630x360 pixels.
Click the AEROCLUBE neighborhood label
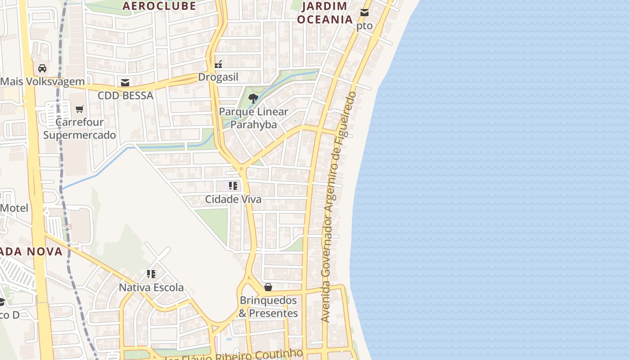(x=159, y=6)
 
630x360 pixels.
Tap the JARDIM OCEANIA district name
(x=325, y=13)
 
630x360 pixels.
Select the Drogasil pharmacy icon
(x=218, y=64)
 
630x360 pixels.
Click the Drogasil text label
(x=218, y=77)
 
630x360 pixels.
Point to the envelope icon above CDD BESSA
(x=125, y=83)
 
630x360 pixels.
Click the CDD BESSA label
(x=126, y=95)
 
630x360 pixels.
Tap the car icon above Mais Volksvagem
(x=42, y=68)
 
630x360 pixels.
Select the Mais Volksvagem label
(x=42, y=81)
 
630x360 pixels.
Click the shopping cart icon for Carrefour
(x=80, y=109)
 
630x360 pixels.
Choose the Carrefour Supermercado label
(x=80, y=128)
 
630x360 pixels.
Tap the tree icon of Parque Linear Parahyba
(x=253, y=99)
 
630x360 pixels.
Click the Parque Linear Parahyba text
(x=253, y=118)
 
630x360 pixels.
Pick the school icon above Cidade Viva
(x=233, y=186)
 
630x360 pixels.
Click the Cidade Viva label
(x=233, y=199)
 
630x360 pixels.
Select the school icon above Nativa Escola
(x=151, y=274)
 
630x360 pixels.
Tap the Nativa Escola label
(x=151, y=287)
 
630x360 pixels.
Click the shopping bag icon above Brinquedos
(x=268, y=287)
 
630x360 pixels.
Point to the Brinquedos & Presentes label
(x=268, y=307)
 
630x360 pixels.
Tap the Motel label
(x=14, y=208)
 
